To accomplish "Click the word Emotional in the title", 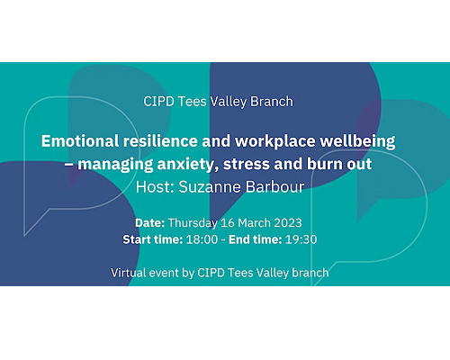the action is [80, 141].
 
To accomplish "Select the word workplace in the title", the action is [275, 142].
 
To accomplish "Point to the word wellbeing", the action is [357, 142].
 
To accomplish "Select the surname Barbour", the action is [274, 187].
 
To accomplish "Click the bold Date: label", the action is [149, 223].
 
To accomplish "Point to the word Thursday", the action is [193, 223].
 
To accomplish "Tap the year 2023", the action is [288, 223].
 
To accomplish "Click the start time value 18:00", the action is [202, 239].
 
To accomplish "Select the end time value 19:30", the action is [301, 239].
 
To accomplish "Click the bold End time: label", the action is [256, 239].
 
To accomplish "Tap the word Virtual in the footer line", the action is [128, 273].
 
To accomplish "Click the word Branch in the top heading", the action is [272, 102].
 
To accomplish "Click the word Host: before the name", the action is [155, 187].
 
